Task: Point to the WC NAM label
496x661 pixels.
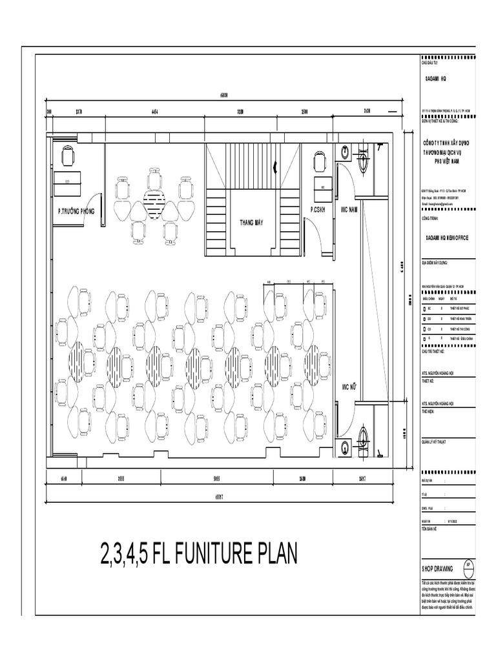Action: click(x=349, y=210)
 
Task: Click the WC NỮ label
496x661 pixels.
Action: click(x=349, y=387)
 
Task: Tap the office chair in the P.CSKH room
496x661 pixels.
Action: click(x=319, y=161)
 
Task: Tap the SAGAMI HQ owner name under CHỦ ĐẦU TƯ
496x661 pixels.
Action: click(x=435, y=77)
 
